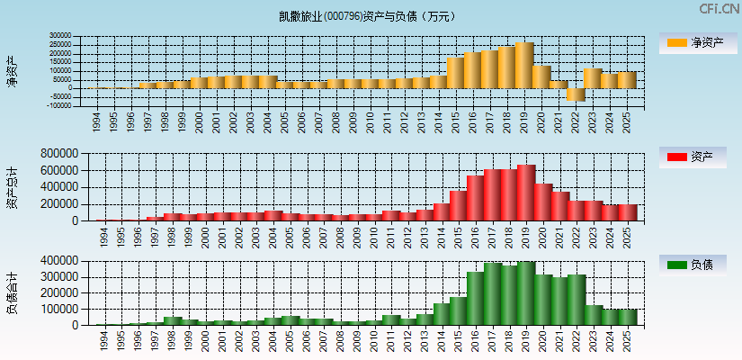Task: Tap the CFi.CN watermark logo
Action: (719, 9)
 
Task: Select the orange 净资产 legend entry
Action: (697, 43)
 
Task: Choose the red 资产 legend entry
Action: (697, 157)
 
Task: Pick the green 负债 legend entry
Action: (697, 265)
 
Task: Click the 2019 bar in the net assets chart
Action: (524, 65)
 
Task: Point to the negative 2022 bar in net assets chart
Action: (576, 94)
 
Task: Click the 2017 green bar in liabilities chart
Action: (492, 293)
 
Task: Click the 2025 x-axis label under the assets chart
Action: (628, 236)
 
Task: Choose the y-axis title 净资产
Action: (12, 70)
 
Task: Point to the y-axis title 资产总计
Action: (12, 186)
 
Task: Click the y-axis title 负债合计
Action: (12, 292)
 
